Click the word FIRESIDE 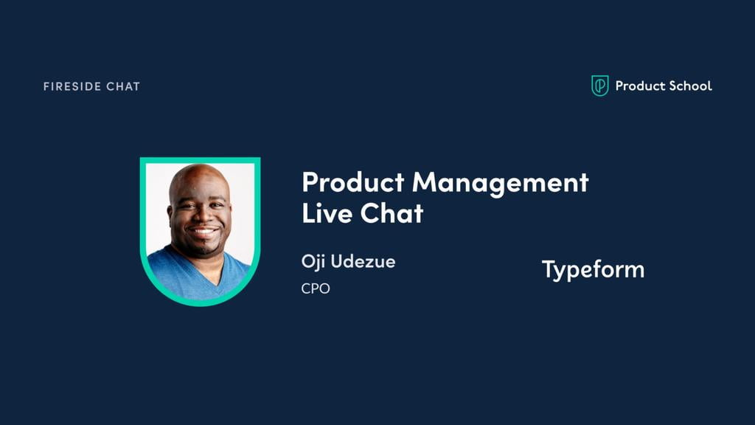point(72,87)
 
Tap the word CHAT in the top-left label point(123,87)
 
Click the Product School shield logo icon point(600,86)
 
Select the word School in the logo point(690,86)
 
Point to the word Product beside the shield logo point(640,86)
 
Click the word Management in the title point(501,184)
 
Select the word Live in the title point(327,212)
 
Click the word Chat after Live point(392,212)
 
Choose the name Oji point(313,262)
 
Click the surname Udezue point(363,262)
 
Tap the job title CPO point(316,288)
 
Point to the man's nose point(202,217)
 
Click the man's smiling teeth point(203,232)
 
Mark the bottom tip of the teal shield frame point(201,305)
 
